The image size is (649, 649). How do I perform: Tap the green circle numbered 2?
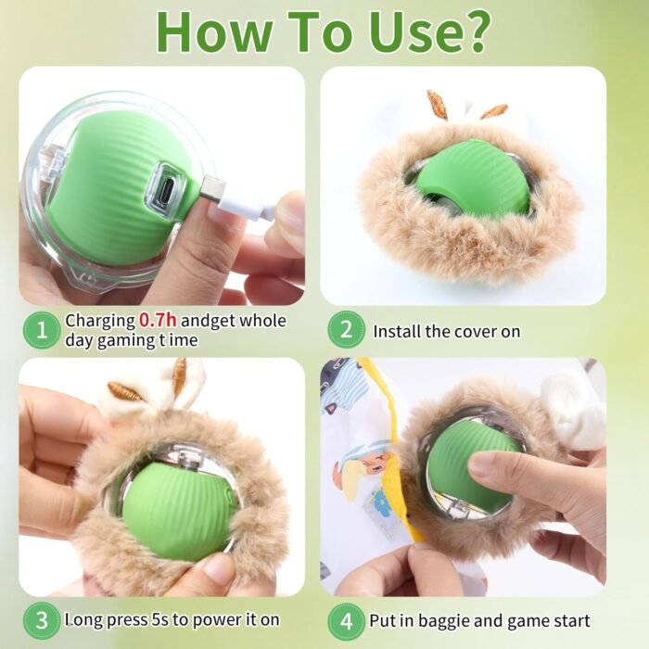(346, 330)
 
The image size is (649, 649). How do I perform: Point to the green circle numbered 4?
(346, 619)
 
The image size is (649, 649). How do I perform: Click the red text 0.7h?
(158, 321)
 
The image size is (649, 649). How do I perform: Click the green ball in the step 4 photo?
(472, 464)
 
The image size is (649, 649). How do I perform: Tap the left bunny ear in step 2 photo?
(436, 105)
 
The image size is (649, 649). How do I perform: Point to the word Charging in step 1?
(99, 321)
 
